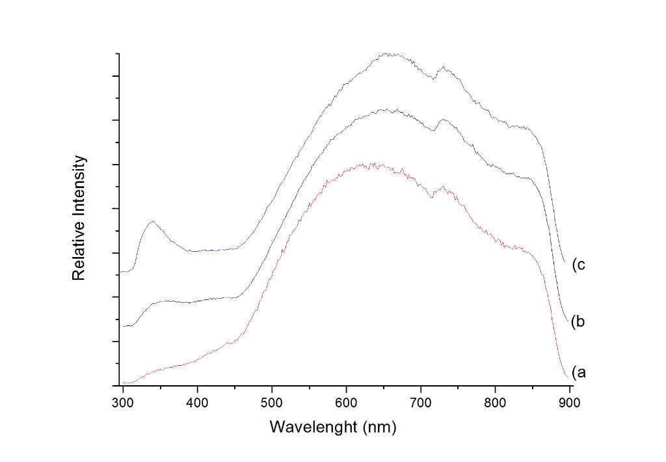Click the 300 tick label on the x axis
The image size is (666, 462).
point(122,403)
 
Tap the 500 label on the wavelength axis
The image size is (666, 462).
point(272,403)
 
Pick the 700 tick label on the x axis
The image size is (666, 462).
point(421,403)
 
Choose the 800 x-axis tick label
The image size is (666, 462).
point(496,403)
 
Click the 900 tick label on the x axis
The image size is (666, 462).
point(570,403)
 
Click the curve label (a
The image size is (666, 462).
point(579,372)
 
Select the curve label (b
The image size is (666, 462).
point(579,321)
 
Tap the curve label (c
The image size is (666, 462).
point(579,265)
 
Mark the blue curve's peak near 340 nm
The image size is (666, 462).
point(153,221)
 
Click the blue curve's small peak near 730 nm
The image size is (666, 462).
point(443,66)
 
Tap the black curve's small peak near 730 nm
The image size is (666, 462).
point(443,120)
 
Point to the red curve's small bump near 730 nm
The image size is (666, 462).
point(443,187)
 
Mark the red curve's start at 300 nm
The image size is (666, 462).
point(124,383)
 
